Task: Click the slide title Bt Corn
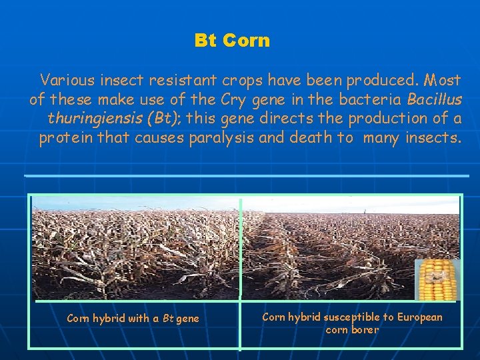pos(232,41)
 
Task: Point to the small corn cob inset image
pos(437,280)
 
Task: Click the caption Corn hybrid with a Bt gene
pos(133,319)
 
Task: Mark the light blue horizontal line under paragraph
pos(247,175)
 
